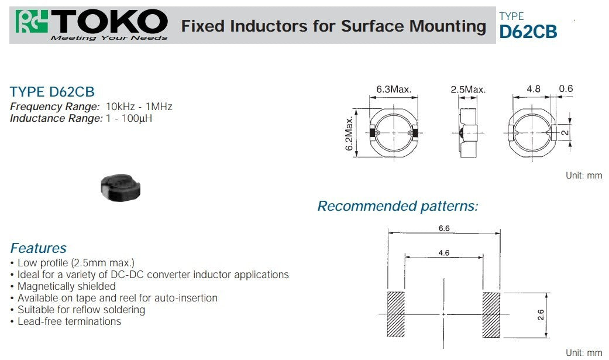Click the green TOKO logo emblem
32,22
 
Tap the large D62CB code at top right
528,32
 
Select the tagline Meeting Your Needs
109,37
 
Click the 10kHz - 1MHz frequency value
139,107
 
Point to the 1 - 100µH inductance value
129,118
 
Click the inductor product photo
121,188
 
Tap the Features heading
39,248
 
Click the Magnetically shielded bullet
67,286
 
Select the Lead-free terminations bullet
69,321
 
